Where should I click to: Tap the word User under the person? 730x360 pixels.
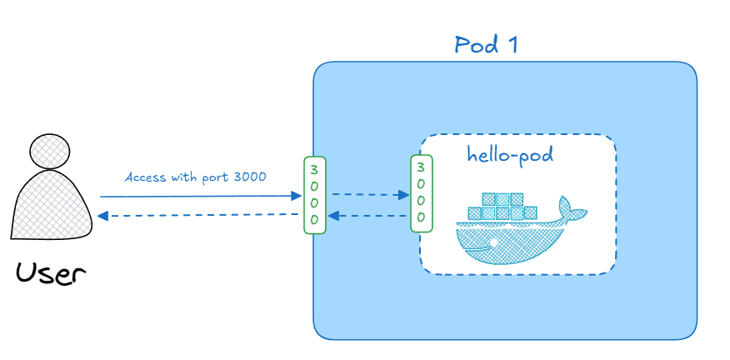[x=49, y=272]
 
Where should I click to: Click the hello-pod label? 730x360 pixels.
[x=510, y=155]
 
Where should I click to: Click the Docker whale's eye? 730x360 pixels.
[x=493, y=242]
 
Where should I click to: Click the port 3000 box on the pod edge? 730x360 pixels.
[x=314, y=194]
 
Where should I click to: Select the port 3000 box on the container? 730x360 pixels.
[x=422, y=192]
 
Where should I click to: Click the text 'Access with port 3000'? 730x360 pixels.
[x=196, y=177]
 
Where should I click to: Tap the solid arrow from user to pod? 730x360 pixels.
[x=200, y=197]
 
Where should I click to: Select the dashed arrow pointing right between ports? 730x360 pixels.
[x=370, y=195]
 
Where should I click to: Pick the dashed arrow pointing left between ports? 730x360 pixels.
[x=369, y=216]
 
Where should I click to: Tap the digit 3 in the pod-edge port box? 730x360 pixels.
[x=314, y=169]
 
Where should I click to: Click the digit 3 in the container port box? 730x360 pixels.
[x=422, y=165]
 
